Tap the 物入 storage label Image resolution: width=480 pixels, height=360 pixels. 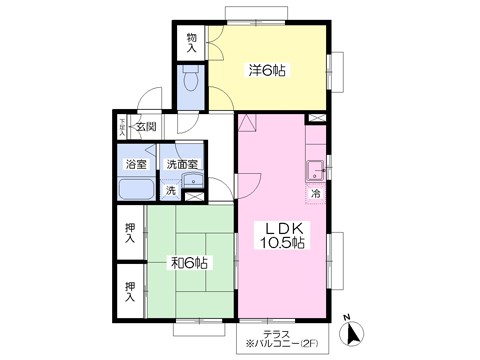point(193,43)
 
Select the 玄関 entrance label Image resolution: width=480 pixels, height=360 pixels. point(146,126)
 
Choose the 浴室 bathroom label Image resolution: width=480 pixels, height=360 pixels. point(135,163)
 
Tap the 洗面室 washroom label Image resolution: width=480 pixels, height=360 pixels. point(182,163)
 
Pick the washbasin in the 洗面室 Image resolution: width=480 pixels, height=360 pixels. point(192,181)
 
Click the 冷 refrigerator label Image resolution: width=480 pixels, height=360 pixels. point(315,193)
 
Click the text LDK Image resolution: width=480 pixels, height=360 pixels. point(283,229)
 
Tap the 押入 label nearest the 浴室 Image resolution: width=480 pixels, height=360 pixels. point(130,232)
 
